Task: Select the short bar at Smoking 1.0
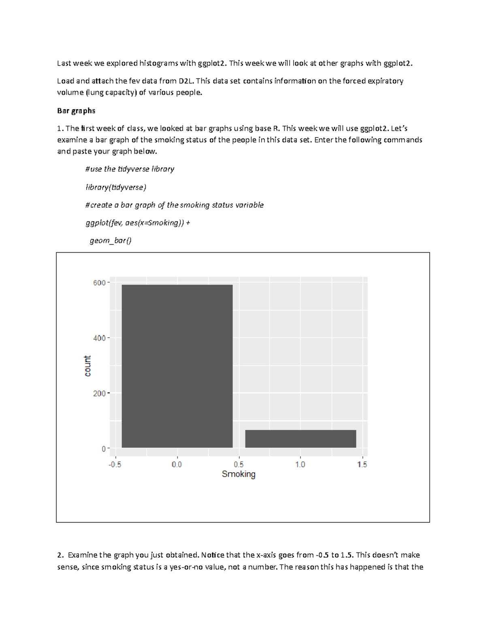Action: tap(301, 439)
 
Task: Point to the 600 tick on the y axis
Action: tap(99, 283)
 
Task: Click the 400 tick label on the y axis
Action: tap(99, 338)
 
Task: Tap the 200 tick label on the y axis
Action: tap(99, 393)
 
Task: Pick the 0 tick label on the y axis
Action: tap(104, 449)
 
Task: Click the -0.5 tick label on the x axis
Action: tap(115, 465)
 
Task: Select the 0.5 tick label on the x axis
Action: tap(239, 465)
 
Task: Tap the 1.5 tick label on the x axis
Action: tap(362, 465)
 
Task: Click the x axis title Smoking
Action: tap(239, 474)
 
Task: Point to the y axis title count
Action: tap(87, 366)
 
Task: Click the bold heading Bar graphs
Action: tap(76, 111)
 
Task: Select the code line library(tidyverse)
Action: tap(116, 187)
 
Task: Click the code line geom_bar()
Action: tap(111, 241)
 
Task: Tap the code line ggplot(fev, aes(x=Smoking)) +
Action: tap(137, 223)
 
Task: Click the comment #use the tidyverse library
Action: tap(130, 169)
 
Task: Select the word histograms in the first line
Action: tap(161, 63)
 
